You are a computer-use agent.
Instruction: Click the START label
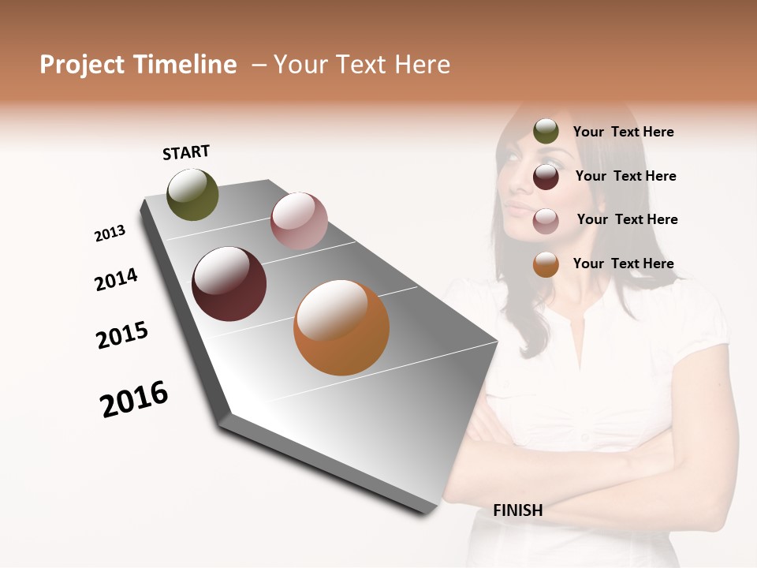pos(186,152)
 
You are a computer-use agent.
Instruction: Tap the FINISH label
pos(517,510)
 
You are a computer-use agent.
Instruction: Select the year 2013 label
pos(110,233)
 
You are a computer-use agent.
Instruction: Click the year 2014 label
pos(117,279)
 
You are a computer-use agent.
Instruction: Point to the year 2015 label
pos(122,335)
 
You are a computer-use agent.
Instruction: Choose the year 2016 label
pos(134,399)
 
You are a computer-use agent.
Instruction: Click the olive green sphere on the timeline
pos(193,195)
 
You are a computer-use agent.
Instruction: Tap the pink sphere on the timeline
pos(299,221)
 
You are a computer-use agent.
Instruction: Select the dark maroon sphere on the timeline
pos(229,284)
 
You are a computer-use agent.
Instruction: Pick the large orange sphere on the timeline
pos(341,327)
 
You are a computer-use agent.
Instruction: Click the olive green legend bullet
pos(546,132)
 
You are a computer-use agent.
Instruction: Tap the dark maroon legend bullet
pos(546,177)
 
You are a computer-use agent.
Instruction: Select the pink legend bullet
pos(546,221)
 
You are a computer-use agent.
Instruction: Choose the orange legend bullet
pos(546,264)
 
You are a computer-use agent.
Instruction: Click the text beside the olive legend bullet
pos(623,132)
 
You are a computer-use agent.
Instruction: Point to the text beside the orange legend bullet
pos(623,263)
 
